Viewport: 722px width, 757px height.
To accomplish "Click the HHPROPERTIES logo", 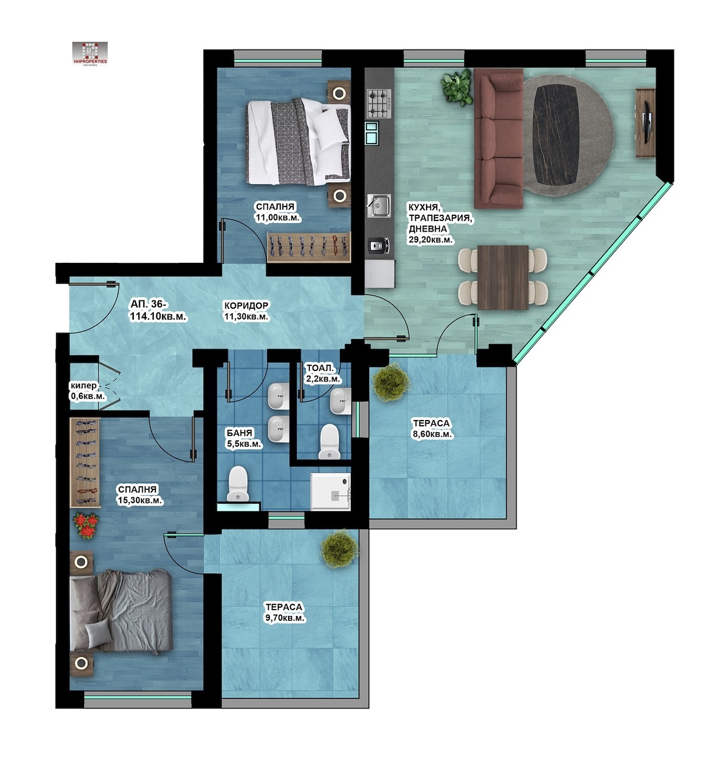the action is coord(90,54).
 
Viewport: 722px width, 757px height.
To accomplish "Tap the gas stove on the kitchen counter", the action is coord(379,103).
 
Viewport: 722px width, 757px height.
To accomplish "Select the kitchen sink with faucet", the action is coord(378,206).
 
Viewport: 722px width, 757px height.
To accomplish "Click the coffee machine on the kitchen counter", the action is coord(378,245).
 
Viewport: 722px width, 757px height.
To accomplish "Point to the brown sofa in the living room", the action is coord(498,138).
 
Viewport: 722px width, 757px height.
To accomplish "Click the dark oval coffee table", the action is coord(556,135).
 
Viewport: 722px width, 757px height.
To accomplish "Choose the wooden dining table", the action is coord(502,277).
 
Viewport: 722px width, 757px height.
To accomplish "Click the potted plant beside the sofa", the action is coord(457,87).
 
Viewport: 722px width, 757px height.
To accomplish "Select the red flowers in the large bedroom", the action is coord(86,526).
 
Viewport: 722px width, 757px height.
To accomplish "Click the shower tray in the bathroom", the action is coord(330,492).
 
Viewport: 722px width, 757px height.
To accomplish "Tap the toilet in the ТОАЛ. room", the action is coord(329,441).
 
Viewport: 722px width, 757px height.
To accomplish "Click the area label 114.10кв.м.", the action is coord(158,317).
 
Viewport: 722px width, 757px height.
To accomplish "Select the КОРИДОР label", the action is coord(246,306).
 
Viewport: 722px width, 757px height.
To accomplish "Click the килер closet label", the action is coord(84,386).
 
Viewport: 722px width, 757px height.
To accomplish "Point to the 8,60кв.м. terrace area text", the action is coord(432,434).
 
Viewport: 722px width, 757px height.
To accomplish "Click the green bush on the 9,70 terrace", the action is coord(340,549).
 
